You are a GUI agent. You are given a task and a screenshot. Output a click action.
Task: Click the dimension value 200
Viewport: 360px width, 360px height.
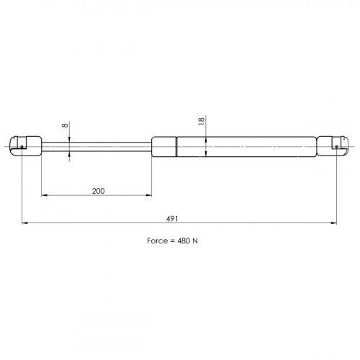[99, 191]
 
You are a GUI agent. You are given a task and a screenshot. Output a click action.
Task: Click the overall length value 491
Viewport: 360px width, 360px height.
[172, 219]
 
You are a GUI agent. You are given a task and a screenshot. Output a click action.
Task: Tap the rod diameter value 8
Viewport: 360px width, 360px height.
[65, 125]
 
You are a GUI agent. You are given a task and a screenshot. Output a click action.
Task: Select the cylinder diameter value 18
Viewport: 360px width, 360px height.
[202, 121]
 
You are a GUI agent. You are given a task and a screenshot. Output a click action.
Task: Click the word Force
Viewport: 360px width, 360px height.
[157, 240]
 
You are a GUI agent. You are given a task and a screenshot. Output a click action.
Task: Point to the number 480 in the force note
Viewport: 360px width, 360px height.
[184, 240]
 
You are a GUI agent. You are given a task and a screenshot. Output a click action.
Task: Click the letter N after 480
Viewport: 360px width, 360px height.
[195, 240]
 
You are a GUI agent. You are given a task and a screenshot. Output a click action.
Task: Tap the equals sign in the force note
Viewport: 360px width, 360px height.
[172, 241]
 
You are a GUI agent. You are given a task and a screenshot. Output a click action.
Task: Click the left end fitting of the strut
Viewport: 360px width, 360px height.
[25, 146]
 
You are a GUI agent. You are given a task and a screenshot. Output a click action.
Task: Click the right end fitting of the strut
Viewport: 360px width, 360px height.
[333, 146]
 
